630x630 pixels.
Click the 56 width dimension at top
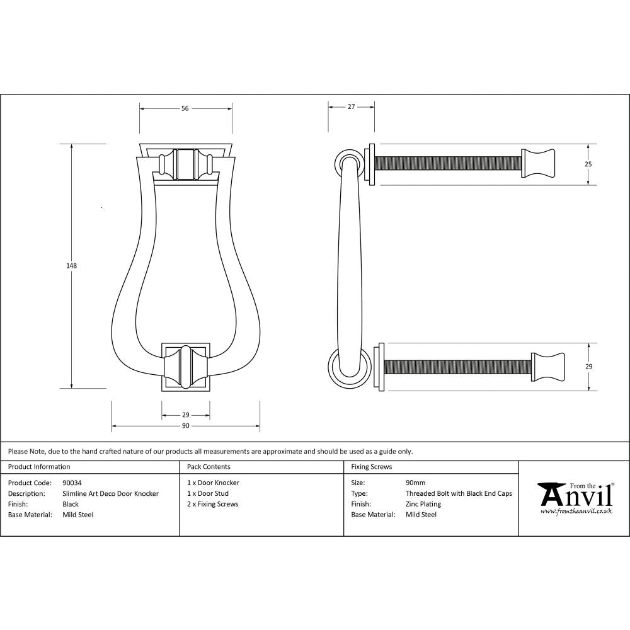185,108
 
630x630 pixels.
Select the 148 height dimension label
71,266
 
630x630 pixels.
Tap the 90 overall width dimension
185,427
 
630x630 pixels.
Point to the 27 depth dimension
351,107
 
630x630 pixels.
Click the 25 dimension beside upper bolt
588,164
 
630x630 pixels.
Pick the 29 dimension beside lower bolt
588,366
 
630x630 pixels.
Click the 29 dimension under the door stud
185,415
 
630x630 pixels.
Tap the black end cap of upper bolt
538,163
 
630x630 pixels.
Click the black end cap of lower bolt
549,366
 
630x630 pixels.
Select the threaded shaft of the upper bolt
447,163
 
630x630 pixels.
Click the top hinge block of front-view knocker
185,164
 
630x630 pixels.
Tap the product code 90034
72,483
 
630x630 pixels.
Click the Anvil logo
575,498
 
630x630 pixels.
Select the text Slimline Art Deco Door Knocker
111,493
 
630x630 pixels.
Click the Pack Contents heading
209,467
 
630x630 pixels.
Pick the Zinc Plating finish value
423,504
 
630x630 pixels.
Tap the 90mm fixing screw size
415,483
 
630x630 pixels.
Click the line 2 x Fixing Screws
213,504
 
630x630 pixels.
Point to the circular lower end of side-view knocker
347,368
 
